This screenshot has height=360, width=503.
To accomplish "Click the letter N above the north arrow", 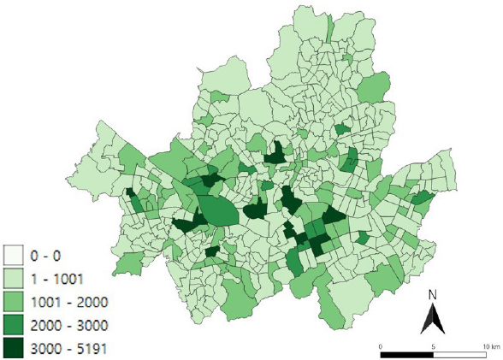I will click(433, 296).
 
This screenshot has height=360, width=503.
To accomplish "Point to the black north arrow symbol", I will click(433, 320).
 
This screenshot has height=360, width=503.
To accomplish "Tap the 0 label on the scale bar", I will click(380, 345).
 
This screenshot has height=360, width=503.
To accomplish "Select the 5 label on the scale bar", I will click(434, 345).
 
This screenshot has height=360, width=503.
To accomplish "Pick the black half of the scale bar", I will click(407, 352).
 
